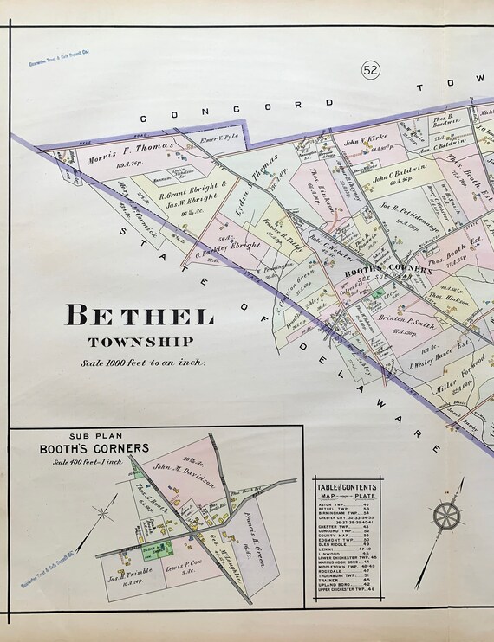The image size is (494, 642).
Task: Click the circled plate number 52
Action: (x=371, y=68)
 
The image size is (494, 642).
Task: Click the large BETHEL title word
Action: (x=138, y=317)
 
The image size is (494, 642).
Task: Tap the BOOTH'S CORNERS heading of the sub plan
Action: (x=93, y=450)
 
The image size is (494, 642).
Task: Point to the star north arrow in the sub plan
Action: (x=104, y=512)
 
